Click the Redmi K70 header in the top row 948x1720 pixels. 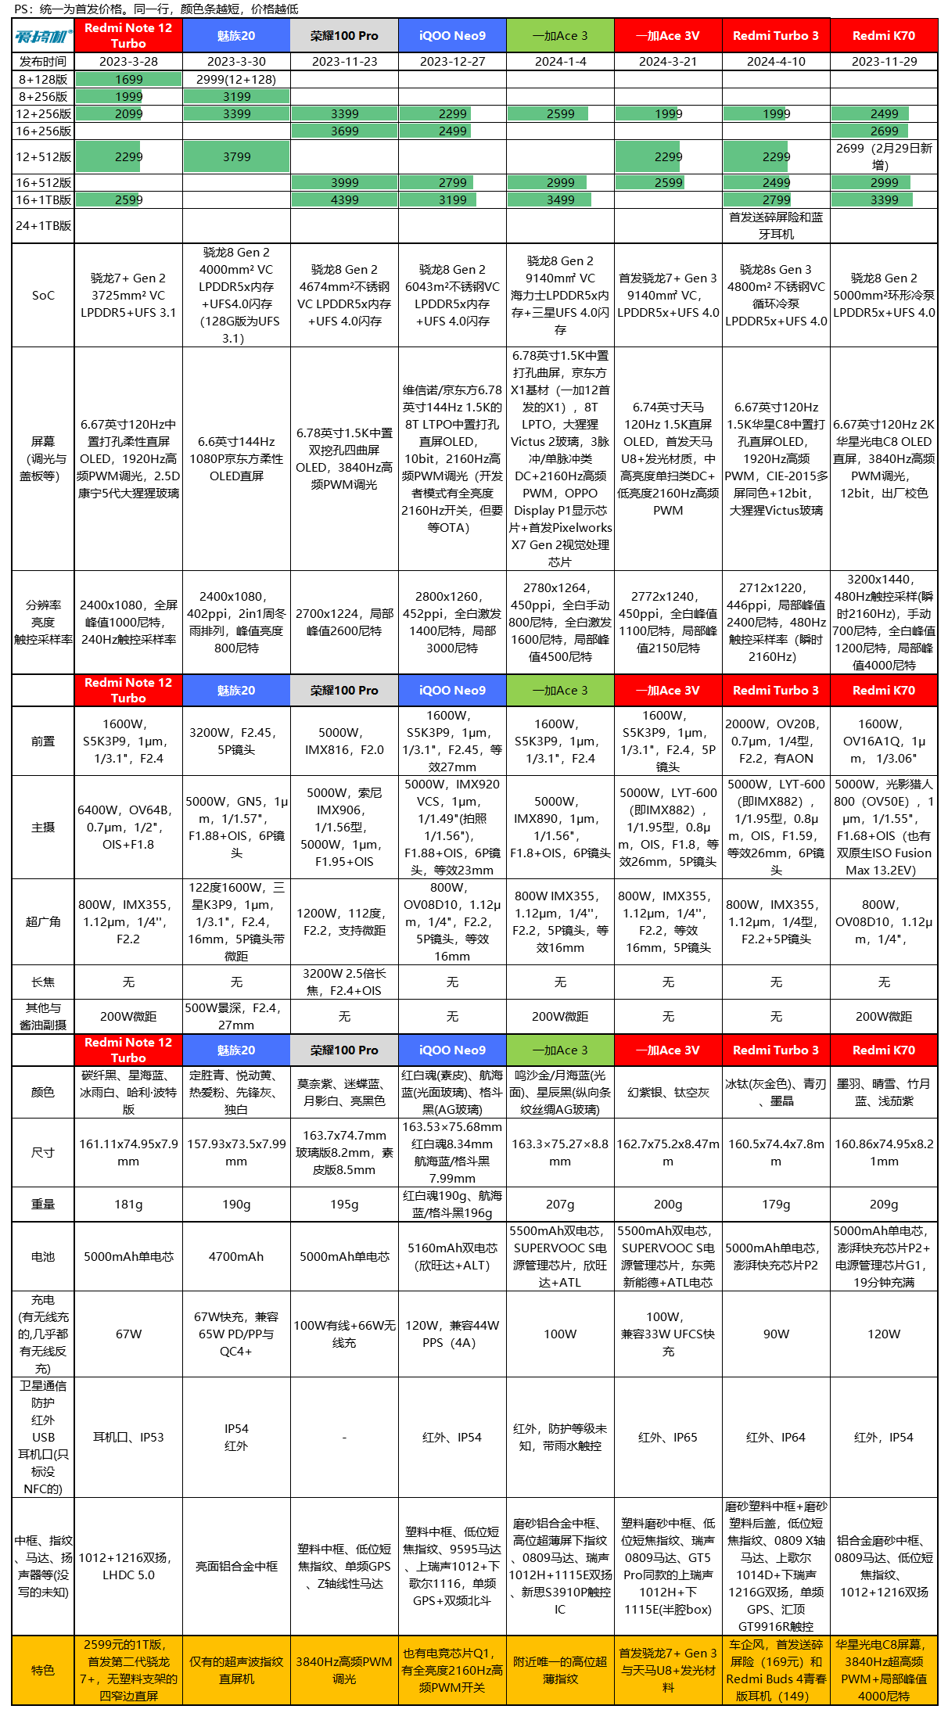pyautogui.click(x=883, y=36)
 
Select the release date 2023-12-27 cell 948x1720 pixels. pyautogui.click(x=452, y=62)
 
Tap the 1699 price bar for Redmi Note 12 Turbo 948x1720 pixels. pyautogui.click(x=128, y=80)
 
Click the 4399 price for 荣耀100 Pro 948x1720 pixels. pyautogui.click(x=344, y=200)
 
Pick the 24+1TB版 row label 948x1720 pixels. pyautogui.click(x=43, y=226)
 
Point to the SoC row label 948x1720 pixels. pyautogui.click(x=43, y=296)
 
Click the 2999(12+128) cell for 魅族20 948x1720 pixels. pyautogui.click(x=236, y=80)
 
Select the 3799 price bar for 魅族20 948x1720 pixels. pyautogui.click(x=236, y=157)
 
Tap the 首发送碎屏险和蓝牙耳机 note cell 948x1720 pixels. pyautogui.click(x=776, y=226)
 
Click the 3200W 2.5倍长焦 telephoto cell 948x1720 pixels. pyautogui.click(x=344, y=982)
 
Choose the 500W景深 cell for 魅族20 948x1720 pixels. pyautogui.click(x=236, y=1017)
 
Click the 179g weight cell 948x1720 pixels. pyautogui.click(x=776, y=1205)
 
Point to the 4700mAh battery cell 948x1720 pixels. pyautogui.click(x=236, y=1257)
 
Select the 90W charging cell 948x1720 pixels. pyautogui.click(x=776, y=1334)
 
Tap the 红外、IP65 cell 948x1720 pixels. pyautogui.click(x=668, y=1438)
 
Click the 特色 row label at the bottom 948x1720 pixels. pyautogui.click(x=43, y=1671)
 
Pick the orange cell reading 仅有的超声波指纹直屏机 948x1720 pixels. pyautogui.click(x=236, y=1671)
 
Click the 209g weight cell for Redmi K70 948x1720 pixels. pyautogui.click(x=883, y=1205)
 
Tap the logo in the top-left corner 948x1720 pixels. pyautogui.click(x=43, y=36)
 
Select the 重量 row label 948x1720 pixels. pyautogui.click(x=43, y=1205)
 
